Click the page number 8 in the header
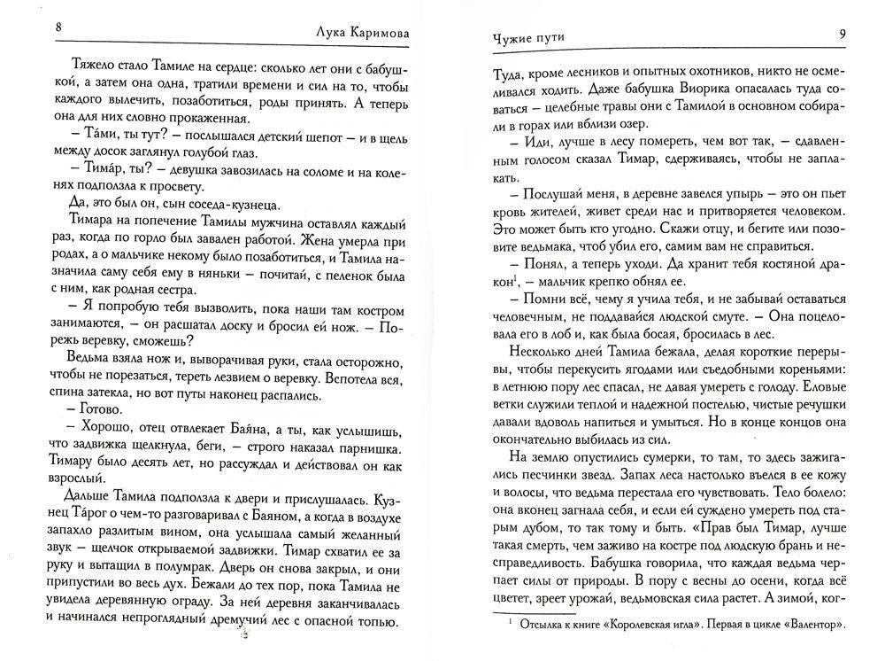58,27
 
